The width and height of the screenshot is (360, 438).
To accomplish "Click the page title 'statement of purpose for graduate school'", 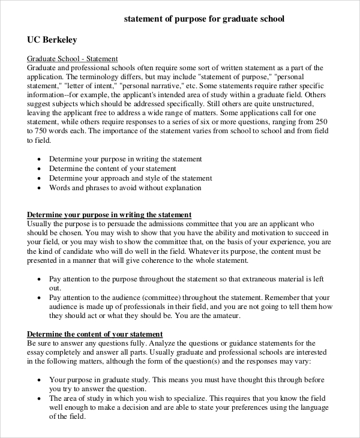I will coord(204,19).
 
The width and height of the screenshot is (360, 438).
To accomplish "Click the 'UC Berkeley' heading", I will coord(52,40).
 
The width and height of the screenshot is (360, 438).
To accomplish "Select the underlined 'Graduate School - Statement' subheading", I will coord(73,59).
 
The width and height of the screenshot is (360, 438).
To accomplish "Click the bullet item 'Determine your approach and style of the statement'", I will coord(130,178).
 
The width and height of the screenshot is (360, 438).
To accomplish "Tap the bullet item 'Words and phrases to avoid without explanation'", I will coord(125,188).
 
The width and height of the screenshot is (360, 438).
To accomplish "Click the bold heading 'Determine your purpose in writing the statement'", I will coord(109,215).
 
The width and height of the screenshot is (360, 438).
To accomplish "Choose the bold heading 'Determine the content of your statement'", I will coord(95,334).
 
